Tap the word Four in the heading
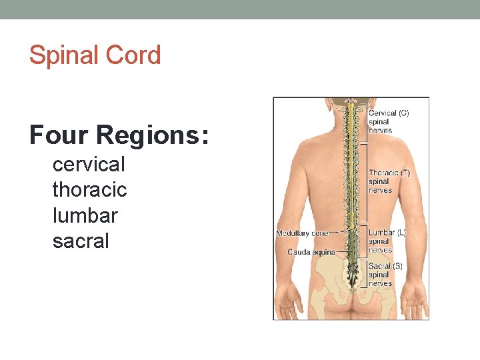coord(59,135)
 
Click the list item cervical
coord(89,164)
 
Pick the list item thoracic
coord(89,190)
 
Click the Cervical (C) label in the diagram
coord(389,113)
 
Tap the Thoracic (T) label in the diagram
coord(389,173)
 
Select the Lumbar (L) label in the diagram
coord(387,233)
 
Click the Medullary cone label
coord(302,233)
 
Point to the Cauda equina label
coord(311,252)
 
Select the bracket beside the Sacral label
coord(366,274)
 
